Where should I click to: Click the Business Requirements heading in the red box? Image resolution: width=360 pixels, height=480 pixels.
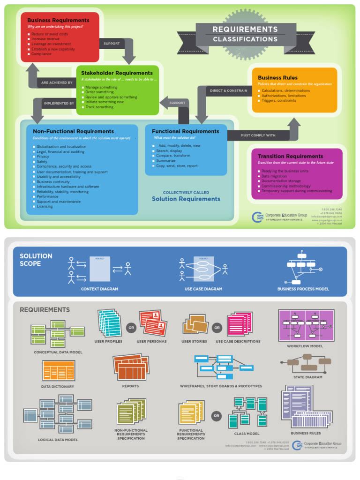58,20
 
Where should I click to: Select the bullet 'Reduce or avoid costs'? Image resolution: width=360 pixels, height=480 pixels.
50,34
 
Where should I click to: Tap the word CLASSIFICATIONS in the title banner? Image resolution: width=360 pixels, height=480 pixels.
245,39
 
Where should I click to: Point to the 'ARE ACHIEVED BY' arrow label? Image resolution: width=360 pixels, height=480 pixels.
57,82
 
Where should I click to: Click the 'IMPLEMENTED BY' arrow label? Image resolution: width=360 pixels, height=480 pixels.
59,103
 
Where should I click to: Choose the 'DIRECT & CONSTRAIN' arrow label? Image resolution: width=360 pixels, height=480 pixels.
228,90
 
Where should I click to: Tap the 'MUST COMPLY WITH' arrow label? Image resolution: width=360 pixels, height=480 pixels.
258,135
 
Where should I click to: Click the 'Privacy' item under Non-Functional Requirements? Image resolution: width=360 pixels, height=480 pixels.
43,157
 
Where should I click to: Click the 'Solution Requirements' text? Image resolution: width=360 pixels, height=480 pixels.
186,199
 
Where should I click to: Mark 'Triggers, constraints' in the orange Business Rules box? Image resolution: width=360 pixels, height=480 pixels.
278,100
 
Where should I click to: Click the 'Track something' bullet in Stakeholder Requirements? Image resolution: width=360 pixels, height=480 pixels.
99,107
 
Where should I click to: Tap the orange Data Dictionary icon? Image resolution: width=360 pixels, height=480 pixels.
59,371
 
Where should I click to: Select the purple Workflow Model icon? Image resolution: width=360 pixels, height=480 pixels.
306,325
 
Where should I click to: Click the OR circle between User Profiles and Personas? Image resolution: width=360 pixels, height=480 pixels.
131,328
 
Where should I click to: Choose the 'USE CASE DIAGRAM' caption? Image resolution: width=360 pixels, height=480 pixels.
203,289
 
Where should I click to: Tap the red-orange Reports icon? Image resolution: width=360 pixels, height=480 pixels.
131,367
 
